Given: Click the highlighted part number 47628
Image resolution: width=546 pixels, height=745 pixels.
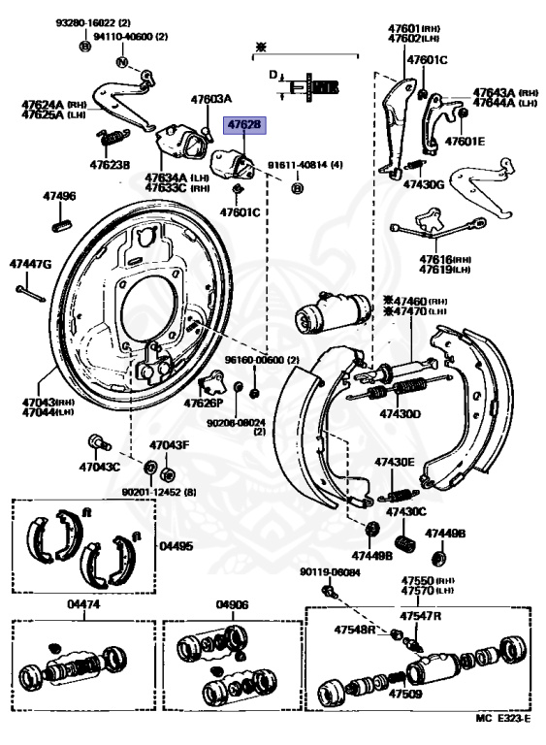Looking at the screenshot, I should coord(243,125).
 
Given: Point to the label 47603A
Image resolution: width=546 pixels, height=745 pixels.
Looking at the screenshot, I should coord(211,98).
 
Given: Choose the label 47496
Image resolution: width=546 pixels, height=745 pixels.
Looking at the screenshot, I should coord(58,197).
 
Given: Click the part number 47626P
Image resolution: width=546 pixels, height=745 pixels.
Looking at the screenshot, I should coord(204,403).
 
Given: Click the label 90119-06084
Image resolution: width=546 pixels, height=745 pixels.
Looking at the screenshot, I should coord(329,572).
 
